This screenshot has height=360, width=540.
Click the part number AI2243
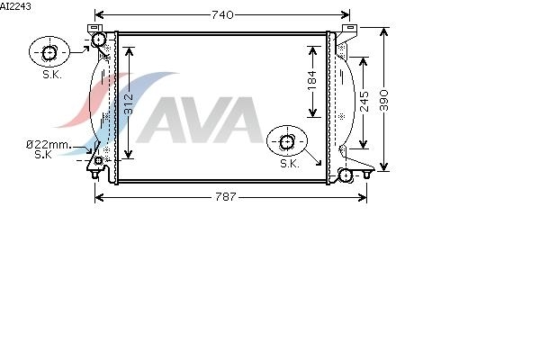15,6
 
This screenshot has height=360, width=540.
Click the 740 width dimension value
222,14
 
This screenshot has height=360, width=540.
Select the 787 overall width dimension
226,197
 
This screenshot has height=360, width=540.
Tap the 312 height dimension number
129,103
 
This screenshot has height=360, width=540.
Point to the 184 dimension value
312,81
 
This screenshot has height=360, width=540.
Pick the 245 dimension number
364,102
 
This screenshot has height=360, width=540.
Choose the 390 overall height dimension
384,100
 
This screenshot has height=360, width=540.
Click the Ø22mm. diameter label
49,145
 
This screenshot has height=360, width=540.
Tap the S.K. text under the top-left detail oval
52,75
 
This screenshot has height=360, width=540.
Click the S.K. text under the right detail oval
290,164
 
